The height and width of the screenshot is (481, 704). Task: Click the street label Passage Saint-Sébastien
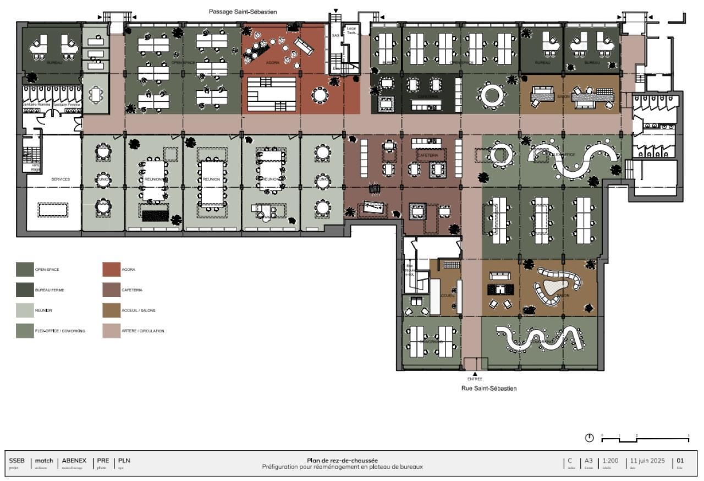pos(243,12)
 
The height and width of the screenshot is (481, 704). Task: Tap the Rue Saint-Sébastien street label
pos(488,389)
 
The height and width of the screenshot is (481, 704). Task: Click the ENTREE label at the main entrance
pos(475,379)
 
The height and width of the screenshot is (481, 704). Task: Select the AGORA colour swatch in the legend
pos(111,270)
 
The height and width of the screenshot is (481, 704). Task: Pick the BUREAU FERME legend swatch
pos(25,290)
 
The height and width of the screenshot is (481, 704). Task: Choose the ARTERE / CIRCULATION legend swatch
pos(111,331)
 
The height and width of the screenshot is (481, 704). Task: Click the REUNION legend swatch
pos(25,310)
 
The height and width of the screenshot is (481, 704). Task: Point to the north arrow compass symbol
pos(589,438)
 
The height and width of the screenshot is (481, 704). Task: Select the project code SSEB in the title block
pos(16,461)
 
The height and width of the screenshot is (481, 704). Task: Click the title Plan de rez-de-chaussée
pos(342,461)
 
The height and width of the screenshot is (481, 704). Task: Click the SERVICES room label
pos(61,179)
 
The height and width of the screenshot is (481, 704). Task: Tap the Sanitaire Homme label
pos(36,104)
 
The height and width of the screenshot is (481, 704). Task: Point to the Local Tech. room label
pos(351,30)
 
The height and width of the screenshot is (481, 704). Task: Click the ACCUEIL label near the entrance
pos(447,296)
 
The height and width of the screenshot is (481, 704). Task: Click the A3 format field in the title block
pos(588,461)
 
